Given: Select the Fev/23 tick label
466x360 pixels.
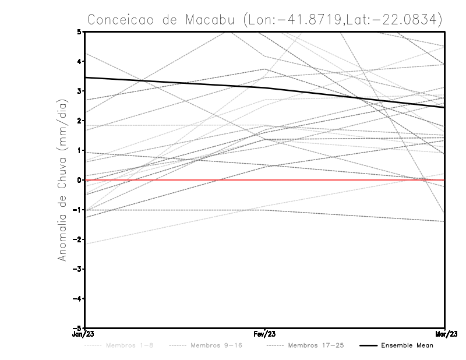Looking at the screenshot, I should [265, 334].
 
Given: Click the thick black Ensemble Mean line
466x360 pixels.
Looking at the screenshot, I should [175, 83].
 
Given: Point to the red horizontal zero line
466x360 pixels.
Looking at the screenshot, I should [349, 181].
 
